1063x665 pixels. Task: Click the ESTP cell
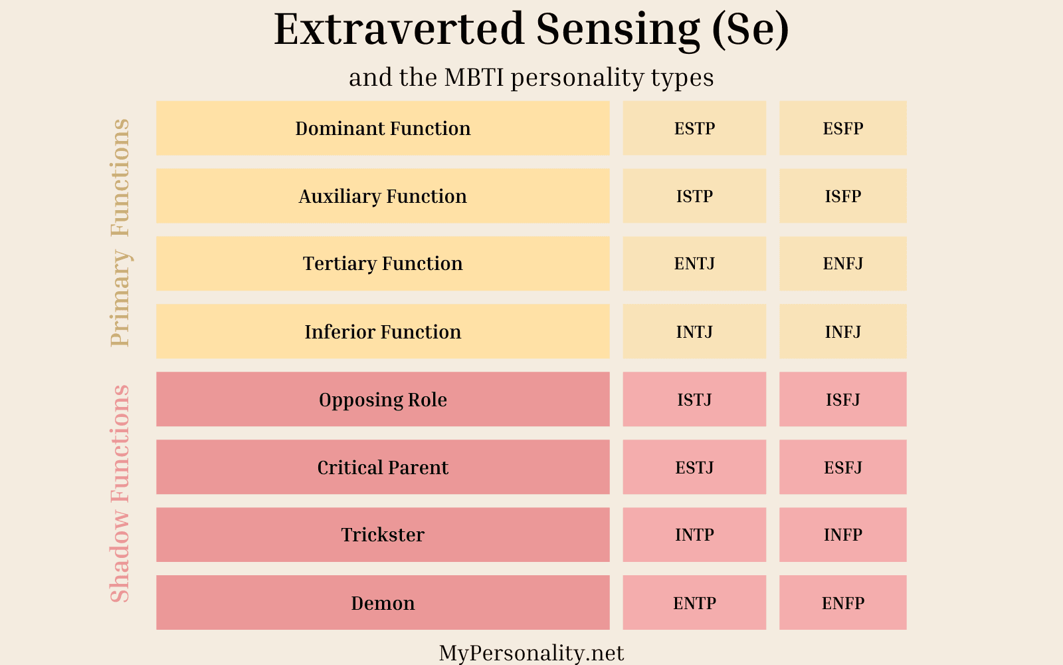[x=694, y=128]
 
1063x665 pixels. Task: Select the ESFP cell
[x=842, y=128]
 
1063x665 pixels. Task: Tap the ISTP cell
[x=694, y=196]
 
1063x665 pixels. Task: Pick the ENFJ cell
[x=842, y=263]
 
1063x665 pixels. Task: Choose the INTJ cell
[x=694, y=331]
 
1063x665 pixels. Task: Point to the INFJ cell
[x=842, y=331]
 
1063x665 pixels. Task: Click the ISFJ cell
[x=842, y=399]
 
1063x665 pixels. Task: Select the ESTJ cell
[x=694, y=467]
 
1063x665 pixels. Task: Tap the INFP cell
[x=842, y=535]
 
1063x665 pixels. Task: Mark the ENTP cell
[x=694, y=602]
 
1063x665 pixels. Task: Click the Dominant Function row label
[x=383, y=128]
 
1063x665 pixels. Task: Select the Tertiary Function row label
[x=383, y=263]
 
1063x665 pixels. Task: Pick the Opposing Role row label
[x=383, y=399]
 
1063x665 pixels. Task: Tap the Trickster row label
[x=383, y=535]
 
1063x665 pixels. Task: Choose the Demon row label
[x=383, y=602]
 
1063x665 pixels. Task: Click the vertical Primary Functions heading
[x=120, y=233]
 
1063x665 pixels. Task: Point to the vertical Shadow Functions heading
[x=120, y=493]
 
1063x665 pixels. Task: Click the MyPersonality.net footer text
[x=531, y=653]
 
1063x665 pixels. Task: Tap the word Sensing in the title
[x=618, y=30]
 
